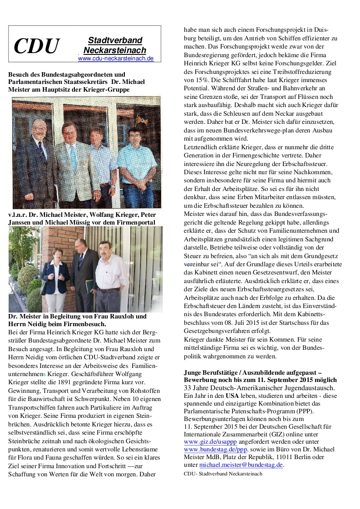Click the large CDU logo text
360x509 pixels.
pyautogui.click(x=36, y=46)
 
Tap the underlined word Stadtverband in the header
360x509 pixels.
pyautogui.click(x=115, y=40)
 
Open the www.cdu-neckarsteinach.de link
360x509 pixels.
pyautogui.click(x=116, y=59)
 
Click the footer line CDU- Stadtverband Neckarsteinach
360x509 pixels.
pyautogui.click(x=223, y=474)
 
